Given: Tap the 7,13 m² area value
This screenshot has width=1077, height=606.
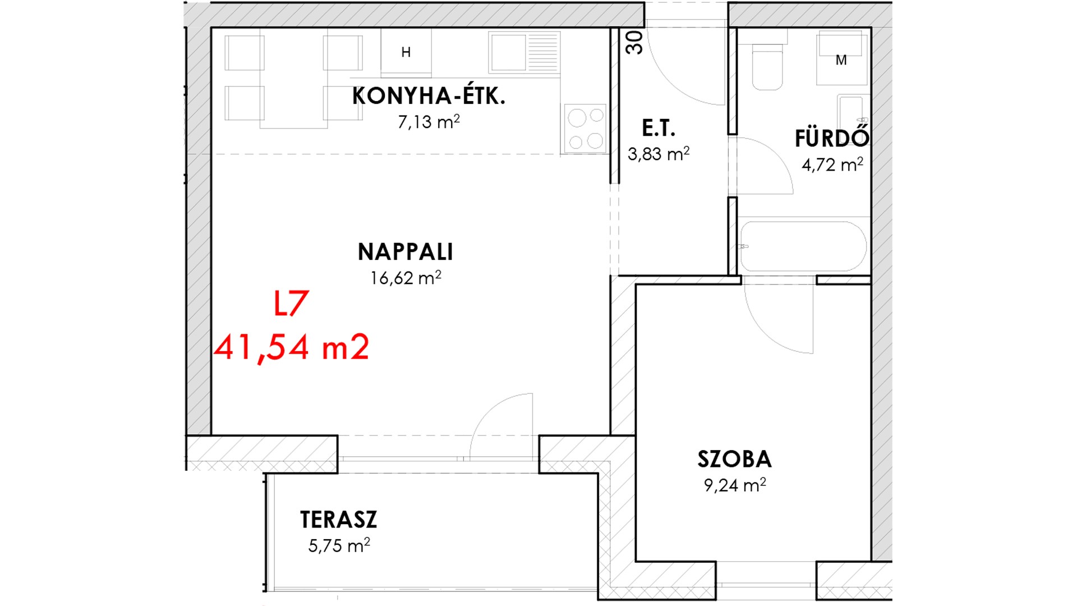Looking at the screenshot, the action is coord(429,121).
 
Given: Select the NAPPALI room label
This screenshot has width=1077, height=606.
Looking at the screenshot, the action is coord(405,252).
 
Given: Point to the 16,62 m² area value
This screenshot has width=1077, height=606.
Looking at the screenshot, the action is coord(405,277).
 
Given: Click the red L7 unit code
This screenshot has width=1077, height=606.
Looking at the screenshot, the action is coord(291,304).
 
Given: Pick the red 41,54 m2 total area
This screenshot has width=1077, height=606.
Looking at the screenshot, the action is coord(292,347).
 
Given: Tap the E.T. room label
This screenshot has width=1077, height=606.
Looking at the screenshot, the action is coord(659,128).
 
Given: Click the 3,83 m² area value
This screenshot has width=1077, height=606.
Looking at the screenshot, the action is coord(659,153).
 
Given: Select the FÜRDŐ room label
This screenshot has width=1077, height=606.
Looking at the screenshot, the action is coord(832,137).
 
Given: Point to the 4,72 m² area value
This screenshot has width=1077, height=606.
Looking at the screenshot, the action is coord(832,164).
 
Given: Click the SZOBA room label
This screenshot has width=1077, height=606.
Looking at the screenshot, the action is coord(735,460).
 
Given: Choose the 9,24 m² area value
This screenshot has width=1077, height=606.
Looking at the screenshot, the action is coord(735,485).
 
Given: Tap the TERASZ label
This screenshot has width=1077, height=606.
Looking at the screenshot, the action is coord(338,520).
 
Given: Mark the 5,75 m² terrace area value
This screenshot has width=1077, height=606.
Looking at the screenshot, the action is coord(339,545).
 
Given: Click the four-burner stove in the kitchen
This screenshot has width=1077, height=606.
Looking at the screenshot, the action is coord(586,128).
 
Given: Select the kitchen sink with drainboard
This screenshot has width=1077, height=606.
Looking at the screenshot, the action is coord(524,52).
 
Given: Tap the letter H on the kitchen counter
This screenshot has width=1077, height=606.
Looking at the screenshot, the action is coord(406,52).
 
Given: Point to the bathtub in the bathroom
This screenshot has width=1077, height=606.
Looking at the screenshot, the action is coord(803,247).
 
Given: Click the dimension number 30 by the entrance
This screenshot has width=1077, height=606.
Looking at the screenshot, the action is coord(634,42).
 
